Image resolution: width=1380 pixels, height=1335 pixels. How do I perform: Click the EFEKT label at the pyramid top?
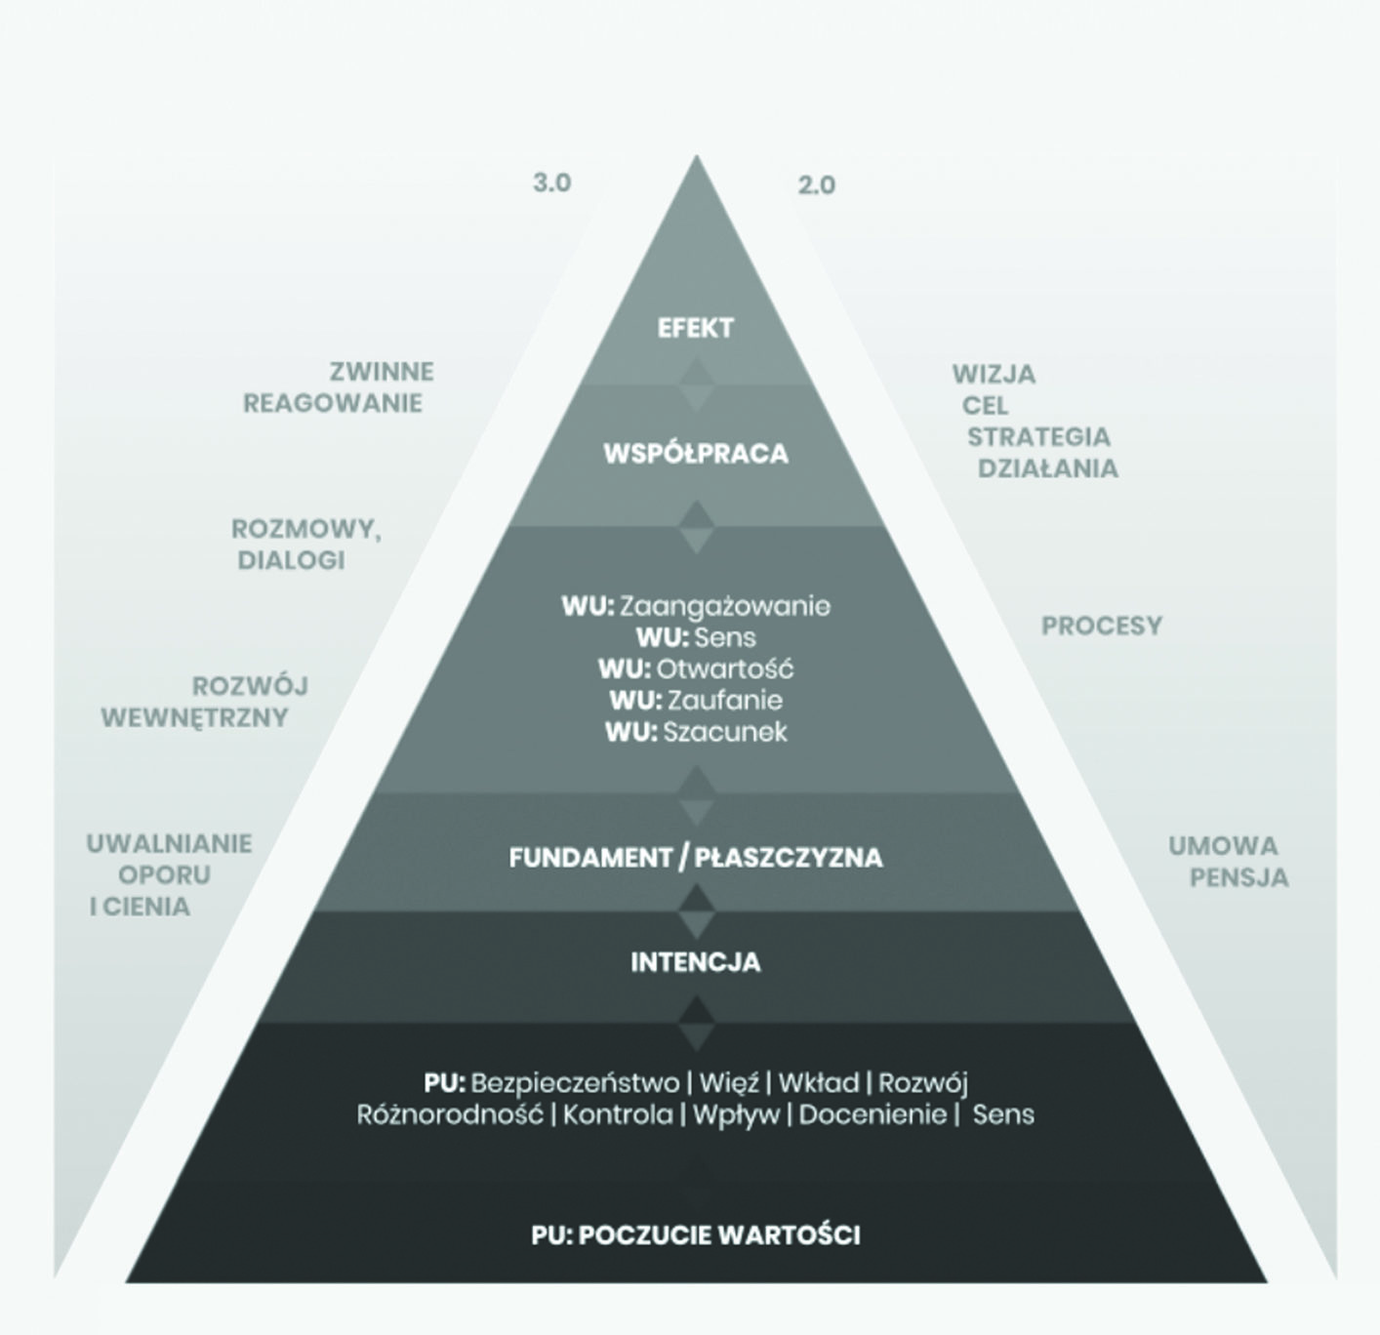point(695,328)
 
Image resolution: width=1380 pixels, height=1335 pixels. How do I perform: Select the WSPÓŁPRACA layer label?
point(696,453)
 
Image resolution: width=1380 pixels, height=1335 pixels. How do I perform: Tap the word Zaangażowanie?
point(725,606)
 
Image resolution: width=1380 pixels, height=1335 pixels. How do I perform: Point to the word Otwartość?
point(725,668)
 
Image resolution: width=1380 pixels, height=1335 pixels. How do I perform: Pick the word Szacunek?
point(725,732)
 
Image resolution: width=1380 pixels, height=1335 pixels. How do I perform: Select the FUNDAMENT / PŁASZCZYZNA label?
point(696,858)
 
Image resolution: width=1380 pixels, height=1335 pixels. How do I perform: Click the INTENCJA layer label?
point(696,962)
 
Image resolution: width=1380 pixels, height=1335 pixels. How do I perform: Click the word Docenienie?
point(873,1114)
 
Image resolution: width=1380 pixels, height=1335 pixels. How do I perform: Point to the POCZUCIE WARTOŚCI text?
point(719,1235)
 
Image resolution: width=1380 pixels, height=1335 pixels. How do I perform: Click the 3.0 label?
point(551,182)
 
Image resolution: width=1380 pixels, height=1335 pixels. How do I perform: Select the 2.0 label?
point(816,185)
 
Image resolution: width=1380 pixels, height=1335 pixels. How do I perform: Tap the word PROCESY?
point(1101,626)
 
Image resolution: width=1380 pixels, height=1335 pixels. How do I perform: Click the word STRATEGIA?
point(1038,437)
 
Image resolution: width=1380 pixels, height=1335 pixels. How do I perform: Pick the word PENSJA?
point(1238,877)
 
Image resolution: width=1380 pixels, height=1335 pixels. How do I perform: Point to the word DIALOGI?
point(291,560)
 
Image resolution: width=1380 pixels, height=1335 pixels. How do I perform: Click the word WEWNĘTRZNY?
point(194,717)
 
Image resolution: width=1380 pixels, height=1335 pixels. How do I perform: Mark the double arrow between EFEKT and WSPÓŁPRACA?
point(696,384)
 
